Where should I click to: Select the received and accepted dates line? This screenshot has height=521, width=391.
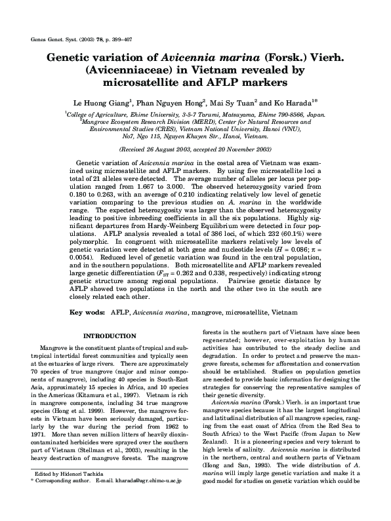[195, 150]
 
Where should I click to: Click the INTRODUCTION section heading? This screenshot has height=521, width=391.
[109, 336]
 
